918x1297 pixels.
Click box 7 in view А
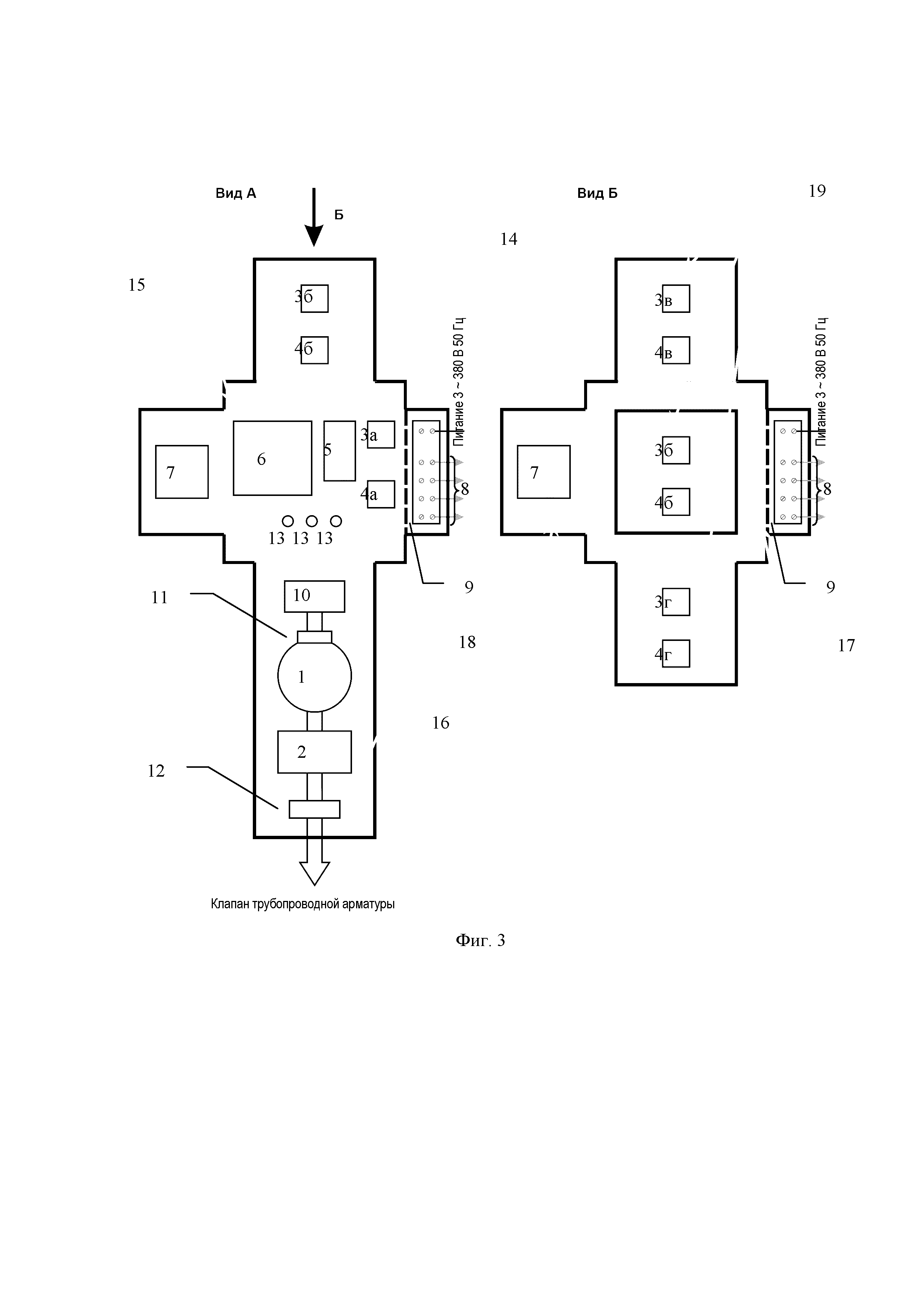coord(182,472)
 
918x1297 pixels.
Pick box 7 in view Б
coord(544,472)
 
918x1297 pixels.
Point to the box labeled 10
coord(314,596)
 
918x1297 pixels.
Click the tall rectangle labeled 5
coord(339,451)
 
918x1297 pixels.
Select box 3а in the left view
coord(381,435)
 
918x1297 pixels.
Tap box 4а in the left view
coord(381,494)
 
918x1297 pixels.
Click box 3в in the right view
coord(676,298)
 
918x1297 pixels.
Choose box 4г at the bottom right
coord(676,653)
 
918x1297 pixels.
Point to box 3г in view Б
coord(676,602)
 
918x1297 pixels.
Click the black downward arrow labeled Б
coord(314,217)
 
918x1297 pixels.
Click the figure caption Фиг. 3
coord(480,940)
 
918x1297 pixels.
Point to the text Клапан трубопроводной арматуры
coord(303,904)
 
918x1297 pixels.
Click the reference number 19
coord(817,191)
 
